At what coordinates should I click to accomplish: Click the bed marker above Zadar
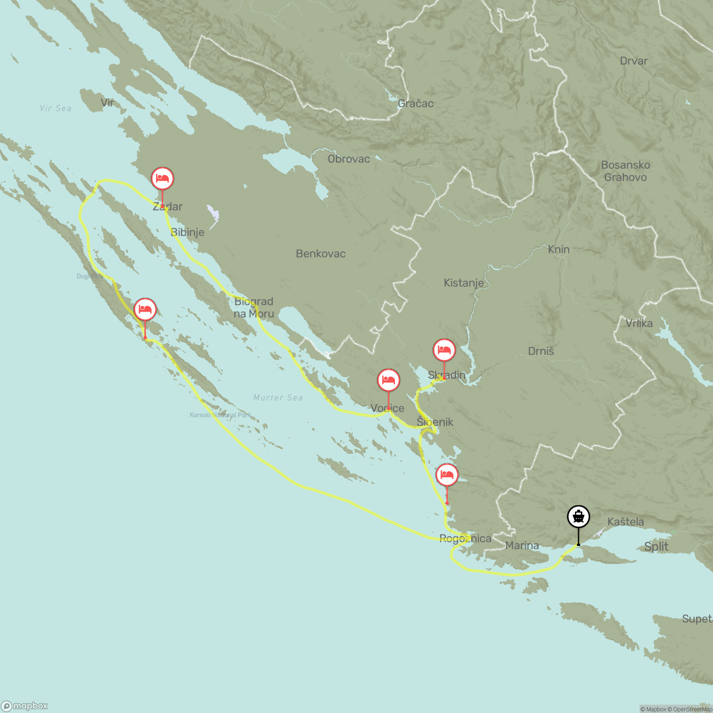pyautogui.click(x=163, y=179)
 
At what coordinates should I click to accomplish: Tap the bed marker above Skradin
pyautogui.click(x=444, y=350)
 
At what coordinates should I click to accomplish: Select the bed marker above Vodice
pyautogui.click(x=388, y=380)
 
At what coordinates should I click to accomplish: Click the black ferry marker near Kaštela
pyautogui.click(x=578, y=517)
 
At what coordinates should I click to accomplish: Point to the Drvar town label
pyautogui.click(x=633, y=61)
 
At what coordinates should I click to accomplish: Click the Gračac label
pyautogui.click(x=416, y=104)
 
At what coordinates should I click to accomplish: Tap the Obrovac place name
pyautogui.click(x=349, y=159)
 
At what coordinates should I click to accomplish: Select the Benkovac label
pyautogui.click(x=321, y=254)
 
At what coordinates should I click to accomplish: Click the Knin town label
pyautogui.click(x=559, y=250)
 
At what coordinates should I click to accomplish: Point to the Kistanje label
pyautogui.click(x=463, y=283)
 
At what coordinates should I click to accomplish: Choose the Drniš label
pyautogui.click(x=541, y=351)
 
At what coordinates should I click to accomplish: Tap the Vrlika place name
pyautogui.click(x=639, y=324)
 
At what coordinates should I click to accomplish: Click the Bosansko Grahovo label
pyautogui.click(x=626, y=171)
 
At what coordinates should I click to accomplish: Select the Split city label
pyautogui.click(x=656, y=546)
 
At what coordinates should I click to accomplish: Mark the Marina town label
pyautogui.click(x=522, y=545)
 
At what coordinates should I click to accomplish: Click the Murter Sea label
pyautogui.click(x=278, y=398)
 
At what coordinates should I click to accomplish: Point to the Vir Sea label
pyautogui.click(x=56, y=109)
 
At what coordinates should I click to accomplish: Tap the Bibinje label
pyautogui.click(x=187, y=232)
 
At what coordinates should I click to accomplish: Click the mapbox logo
pyautogui.click(x=25, y=706)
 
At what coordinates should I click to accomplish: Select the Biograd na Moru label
pyautogui.click(x=254, y=307)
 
